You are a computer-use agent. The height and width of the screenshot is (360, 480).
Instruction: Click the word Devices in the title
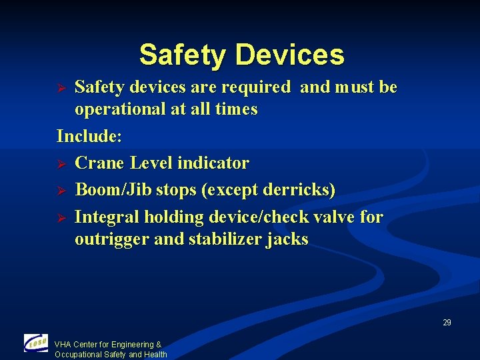point(290,55)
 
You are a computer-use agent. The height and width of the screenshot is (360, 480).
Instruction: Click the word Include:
point(89,137)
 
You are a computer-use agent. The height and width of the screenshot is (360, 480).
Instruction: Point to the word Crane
point(100,163)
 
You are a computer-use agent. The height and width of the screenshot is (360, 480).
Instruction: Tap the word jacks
point(287,239)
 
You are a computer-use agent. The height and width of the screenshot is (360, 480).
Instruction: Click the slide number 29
point(447,323)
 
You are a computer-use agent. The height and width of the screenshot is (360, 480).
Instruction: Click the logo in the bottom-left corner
point(36,343)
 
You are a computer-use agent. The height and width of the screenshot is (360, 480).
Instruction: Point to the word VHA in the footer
point(63,345)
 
